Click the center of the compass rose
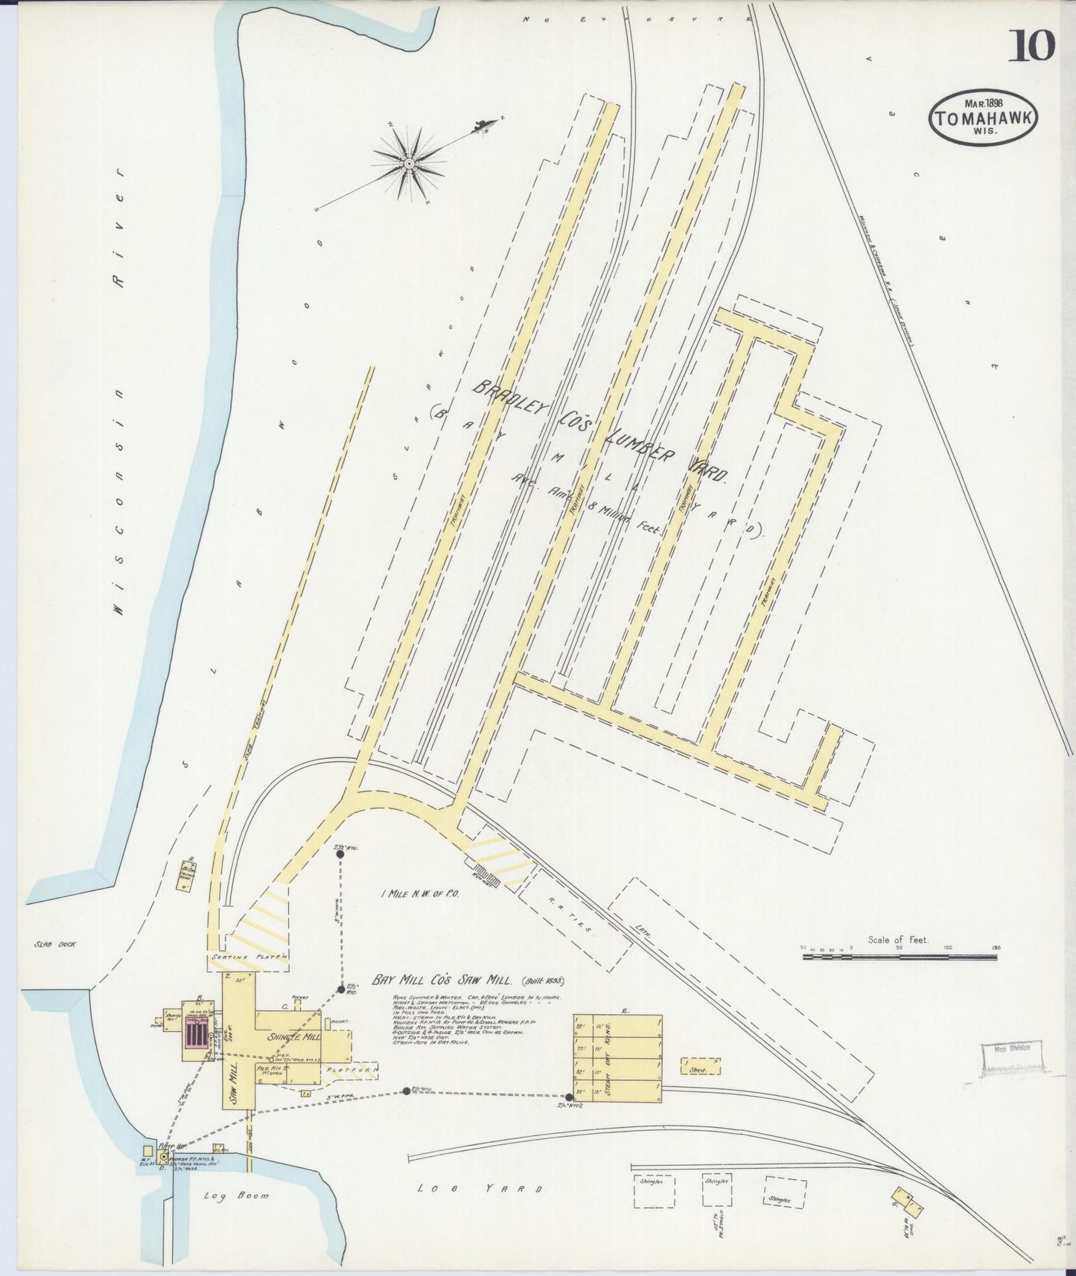tap(410, 162)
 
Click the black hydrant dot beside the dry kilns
tap(570, 1097)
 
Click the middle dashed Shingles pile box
tap(716, 1190)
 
